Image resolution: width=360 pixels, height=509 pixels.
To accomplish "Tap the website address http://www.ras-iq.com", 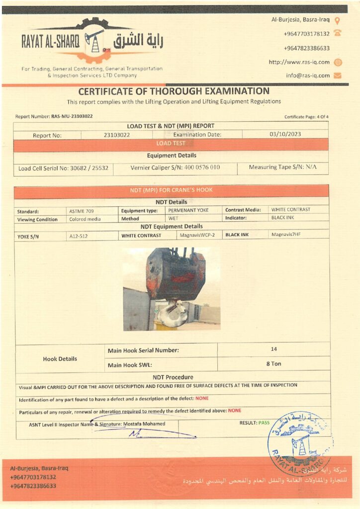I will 299,62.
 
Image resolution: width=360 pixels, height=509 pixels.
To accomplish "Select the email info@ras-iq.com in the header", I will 308,76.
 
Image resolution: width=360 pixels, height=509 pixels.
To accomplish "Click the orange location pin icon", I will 338,21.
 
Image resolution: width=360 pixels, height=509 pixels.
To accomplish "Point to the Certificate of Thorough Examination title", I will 174,91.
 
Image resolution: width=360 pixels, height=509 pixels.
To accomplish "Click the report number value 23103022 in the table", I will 117,134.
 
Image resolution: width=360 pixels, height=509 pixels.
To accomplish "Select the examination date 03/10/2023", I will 285,134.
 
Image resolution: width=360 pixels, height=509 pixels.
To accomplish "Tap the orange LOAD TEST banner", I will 171,144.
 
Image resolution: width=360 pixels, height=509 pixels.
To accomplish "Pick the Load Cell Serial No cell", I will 63,168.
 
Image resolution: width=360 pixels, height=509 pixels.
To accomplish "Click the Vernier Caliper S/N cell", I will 175,168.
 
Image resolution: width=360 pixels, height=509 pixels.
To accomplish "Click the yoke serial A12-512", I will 79,237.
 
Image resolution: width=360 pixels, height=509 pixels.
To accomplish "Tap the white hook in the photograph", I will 172,313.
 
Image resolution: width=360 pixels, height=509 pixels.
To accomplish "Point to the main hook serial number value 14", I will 274,349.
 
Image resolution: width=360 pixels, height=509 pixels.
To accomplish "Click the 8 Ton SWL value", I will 273,364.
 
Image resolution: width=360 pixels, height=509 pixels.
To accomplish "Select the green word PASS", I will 264,423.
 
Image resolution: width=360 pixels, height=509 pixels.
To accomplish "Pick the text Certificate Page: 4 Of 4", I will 306,117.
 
